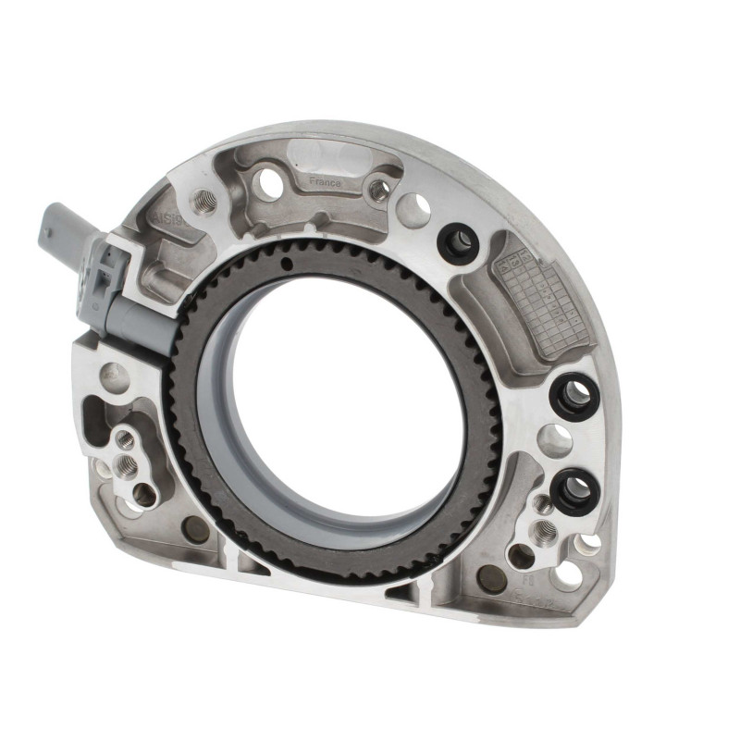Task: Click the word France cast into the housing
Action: (325, 183)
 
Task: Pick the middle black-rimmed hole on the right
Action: (574, 396)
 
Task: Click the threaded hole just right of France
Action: (378, 190)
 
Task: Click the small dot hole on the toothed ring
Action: (287, 265)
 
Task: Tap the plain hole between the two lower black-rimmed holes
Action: (555, 439)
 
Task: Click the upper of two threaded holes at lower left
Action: (125, 440)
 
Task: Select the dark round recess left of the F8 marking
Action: (492, 578)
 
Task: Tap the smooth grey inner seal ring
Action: (222, 435)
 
